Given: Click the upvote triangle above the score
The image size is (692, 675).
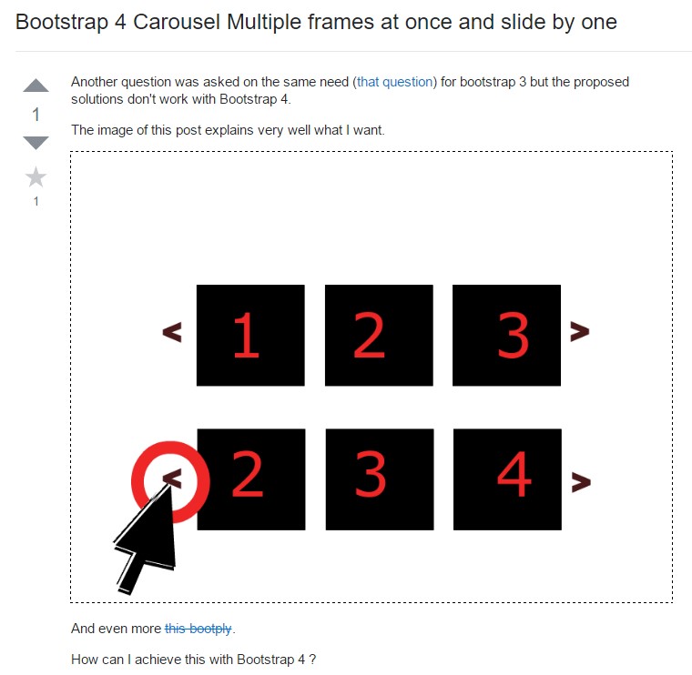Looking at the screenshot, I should [x=36, y=86].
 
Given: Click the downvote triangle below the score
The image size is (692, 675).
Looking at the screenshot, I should [x=36, y=142].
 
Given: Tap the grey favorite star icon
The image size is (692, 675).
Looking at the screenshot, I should [x=36, y=176].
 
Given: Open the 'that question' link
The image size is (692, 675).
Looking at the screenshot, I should [x=396, y=82].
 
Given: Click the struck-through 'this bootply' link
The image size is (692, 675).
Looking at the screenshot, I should [x=198, y=629].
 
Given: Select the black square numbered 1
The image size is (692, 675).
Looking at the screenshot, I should [x=250, y=335].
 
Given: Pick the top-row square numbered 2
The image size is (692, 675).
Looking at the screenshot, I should [x=378, y=335].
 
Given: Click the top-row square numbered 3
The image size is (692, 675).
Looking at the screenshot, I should [x=506, y=335].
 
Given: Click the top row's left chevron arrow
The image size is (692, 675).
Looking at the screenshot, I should [x=172, y=333].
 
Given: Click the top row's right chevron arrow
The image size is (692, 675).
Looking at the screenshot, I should [x=579, y=333].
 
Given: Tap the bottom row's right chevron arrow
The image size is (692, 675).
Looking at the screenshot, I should [x=580, y=479].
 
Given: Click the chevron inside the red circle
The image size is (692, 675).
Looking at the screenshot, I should [x=172, y=477].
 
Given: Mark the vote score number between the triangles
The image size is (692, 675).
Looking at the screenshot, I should [x=36, y=115].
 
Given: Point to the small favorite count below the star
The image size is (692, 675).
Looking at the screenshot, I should [x=36, y=202].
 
